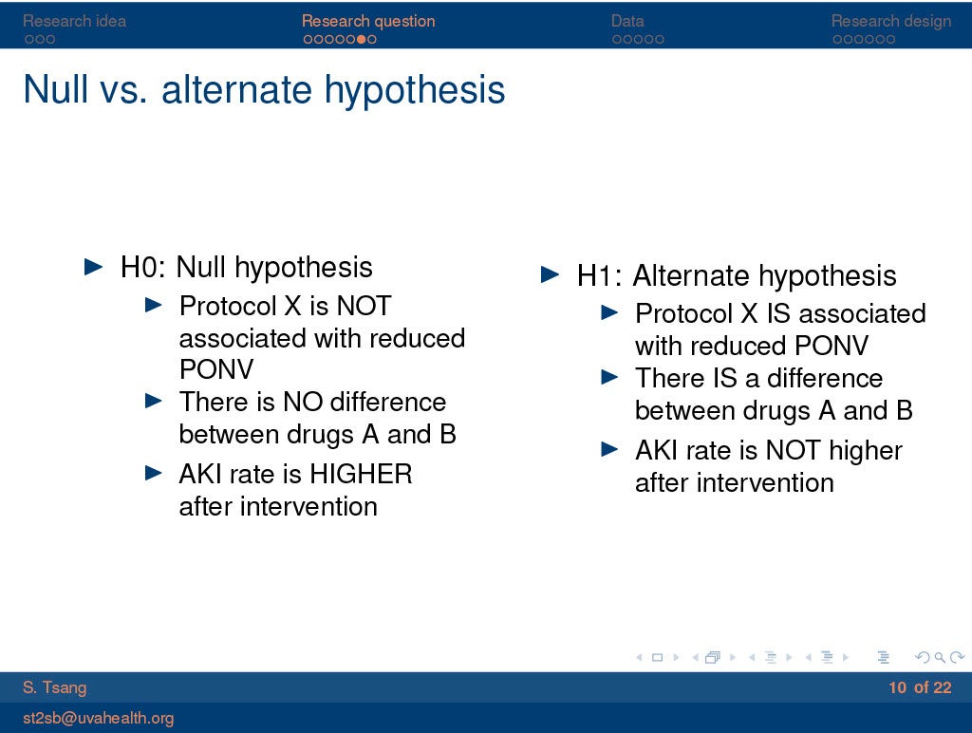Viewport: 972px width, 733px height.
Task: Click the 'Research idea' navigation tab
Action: (74, 21)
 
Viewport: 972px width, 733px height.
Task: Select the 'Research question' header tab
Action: (368, 21)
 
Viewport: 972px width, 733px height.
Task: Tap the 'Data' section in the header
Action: (627, 21)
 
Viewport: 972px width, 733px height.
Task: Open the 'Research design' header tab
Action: (890, 21)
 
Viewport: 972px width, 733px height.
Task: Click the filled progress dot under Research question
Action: (361, 39)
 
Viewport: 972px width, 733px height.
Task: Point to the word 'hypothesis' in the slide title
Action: (415, 90)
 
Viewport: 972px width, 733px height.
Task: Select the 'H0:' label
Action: (143, 267)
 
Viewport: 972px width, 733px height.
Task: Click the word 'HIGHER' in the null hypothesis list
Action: (361, 475)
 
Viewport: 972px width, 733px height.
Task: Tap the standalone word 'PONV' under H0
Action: (216, 369)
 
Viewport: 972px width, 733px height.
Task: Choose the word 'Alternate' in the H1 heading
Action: (691, 275)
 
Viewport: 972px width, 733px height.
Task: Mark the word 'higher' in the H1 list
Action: (866, 451)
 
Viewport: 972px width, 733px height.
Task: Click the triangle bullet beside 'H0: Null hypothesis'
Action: (94, 267)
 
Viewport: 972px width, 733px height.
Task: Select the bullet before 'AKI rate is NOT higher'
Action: (610, 450)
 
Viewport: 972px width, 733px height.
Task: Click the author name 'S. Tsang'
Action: (54, 687)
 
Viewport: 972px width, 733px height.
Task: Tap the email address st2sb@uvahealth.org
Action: (98, 718)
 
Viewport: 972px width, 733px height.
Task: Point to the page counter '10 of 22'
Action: (920, 687)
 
